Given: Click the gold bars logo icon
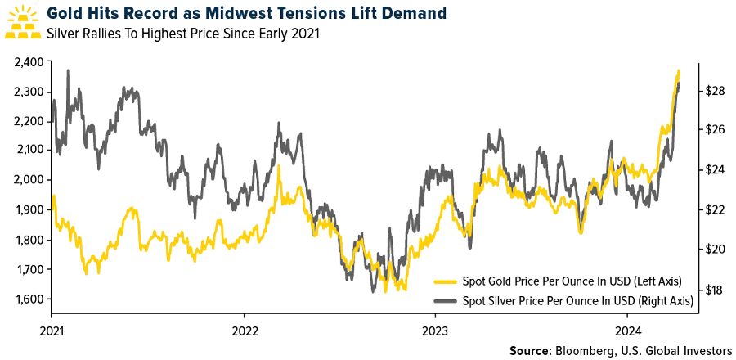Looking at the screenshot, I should tap(24, 22).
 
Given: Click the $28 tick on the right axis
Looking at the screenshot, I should tap(716, 91).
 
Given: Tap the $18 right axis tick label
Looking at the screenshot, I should tap(716, 290).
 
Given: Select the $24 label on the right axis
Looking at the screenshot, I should tap(716, 170).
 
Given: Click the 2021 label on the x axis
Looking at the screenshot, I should tap(52, 332).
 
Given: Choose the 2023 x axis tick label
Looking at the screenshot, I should tap(435, 332).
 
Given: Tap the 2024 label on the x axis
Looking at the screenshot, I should tap(627, 332).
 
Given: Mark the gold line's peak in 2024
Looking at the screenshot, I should tap(678, 70).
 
